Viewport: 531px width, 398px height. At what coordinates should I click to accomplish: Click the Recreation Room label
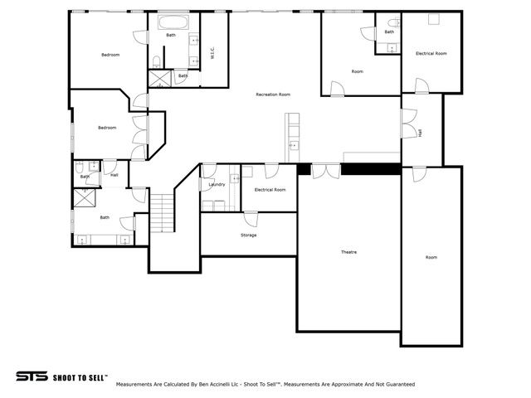273,95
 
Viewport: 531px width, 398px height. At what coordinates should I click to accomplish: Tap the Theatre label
348,251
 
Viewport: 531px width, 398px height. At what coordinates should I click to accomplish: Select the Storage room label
248,235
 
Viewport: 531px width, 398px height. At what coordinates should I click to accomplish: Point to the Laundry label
217,184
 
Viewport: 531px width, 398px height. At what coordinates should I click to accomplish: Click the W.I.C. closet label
213,52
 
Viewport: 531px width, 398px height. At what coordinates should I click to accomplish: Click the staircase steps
163,212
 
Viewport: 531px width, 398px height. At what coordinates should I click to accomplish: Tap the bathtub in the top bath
173,22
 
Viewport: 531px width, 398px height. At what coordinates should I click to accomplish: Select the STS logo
32,376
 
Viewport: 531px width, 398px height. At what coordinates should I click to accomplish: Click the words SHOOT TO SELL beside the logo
80,376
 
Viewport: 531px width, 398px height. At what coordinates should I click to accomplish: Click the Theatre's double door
326,170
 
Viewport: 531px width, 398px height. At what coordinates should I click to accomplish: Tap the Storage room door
251,218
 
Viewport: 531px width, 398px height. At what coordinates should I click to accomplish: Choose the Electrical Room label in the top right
431,53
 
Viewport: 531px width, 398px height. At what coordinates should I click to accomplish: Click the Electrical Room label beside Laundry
270,189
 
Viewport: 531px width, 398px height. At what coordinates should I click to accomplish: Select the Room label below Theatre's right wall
431,257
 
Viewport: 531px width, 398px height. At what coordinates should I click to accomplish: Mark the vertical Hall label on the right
420,132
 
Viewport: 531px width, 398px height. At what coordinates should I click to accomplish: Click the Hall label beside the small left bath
114,175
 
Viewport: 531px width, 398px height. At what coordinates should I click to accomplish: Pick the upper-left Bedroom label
110,55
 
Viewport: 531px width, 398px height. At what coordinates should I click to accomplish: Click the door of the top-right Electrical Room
421,85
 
